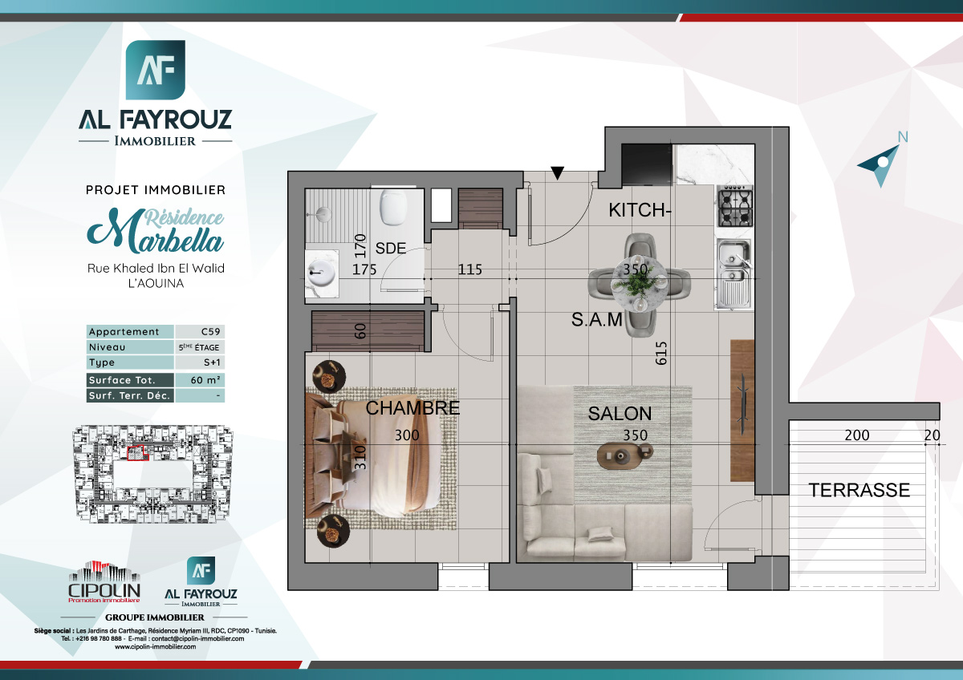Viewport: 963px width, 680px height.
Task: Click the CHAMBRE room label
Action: (412, 408)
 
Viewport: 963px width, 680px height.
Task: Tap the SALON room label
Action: (620, 414)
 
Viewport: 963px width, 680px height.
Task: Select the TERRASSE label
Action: (859, 490)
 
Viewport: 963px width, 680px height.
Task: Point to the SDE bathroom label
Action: (391, 249)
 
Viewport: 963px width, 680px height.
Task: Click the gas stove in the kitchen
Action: (734, 206)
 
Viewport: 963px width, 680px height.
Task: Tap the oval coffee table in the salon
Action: (620, 455)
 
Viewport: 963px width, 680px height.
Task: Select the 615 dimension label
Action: (661, 354)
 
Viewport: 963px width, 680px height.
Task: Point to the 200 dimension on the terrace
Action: (856, 435)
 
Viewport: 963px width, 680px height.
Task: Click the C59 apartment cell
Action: (200, 332)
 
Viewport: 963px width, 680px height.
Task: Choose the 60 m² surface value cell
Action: (200, 380)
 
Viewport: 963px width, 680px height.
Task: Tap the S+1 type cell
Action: (200, 363)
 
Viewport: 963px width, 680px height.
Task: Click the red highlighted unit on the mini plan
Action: (138, 454)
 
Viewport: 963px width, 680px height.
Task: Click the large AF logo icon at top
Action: (156, 71)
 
